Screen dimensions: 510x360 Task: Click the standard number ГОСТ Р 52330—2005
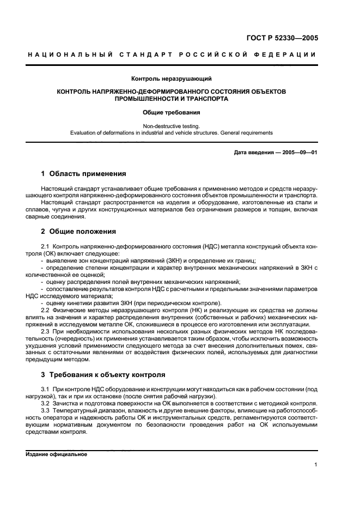coord(280,38)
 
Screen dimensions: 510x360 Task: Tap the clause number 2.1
coord(45,247)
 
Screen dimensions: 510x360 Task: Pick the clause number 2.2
coord(45,310)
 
